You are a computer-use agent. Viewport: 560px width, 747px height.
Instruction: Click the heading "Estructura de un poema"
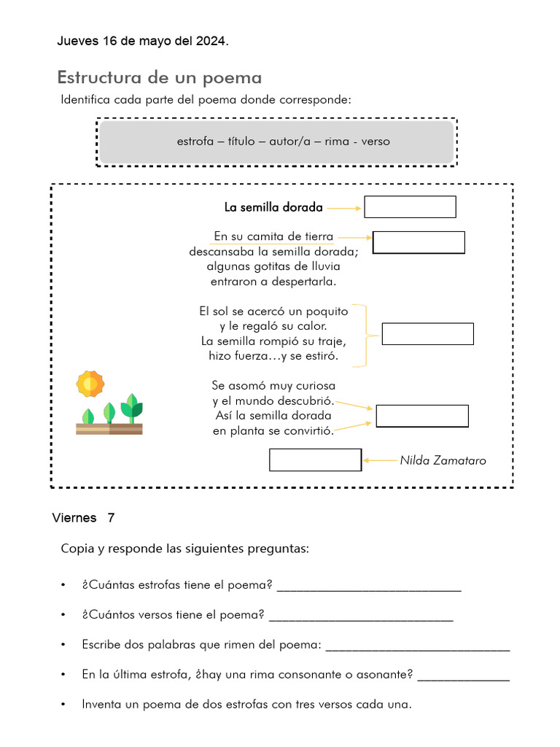point(159,77)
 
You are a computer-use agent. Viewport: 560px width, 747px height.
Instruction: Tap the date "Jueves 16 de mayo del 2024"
point(142,42)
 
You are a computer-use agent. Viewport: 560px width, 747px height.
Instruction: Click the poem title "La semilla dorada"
point(273,207)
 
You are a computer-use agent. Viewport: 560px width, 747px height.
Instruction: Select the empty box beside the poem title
point(410,207)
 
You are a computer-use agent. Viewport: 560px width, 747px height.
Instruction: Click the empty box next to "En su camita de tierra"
point(419,242)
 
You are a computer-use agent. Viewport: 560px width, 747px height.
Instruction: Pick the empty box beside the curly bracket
point(427,334)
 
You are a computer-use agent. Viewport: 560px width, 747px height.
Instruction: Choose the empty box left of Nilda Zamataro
point(315,460)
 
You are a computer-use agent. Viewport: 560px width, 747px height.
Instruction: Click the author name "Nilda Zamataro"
point(443,460)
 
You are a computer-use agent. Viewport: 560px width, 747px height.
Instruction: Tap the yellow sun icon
point(90,383)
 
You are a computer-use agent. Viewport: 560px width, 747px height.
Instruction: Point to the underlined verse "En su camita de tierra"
point(273,236)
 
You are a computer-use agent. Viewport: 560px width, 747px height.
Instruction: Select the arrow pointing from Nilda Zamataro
point(380,460)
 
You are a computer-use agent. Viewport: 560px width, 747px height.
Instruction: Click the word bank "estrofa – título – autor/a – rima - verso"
point(283,142)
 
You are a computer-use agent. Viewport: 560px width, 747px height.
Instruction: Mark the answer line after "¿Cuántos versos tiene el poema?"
point(361,616)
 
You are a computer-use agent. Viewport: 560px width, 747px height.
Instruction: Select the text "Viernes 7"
point(83,519)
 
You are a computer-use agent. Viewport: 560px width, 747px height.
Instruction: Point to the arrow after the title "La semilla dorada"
point(343,208)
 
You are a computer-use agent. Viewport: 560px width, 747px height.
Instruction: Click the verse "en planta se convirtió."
point(273,431)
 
